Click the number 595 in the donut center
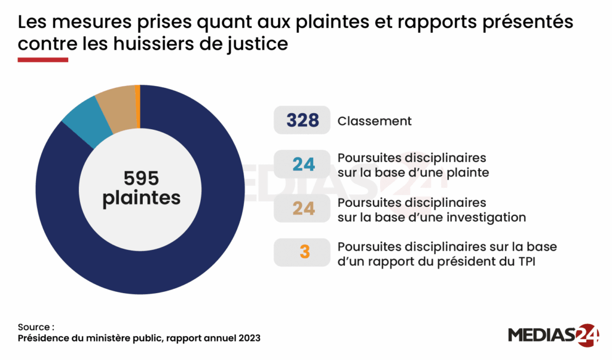click(140, 178)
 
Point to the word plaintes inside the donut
click(141, 198)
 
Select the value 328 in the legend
click(303, 121)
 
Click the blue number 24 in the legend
click(304, 164)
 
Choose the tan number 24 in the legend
click(304, 209)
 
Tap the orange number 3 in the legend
click(304, 252)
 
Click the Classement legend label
click(374, 121)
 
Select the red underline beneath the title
click(43, 60)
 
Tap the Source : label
click(36, 327)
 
